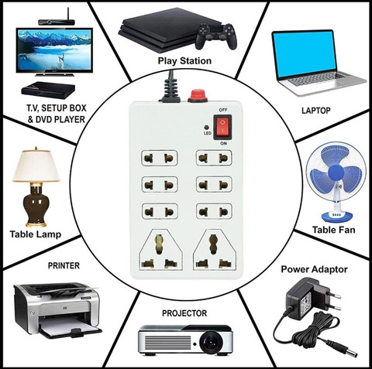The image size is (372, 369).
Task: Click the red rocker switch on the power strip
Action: point(222,127)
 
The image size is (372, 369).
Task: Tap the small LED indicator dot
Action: point(206,127)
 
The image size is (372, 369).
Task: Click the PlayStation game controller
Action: point(216,36)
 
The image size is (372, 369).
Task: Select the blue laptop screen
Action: point(305,54)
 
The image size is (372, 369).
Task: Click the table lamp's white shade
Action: point(36,166)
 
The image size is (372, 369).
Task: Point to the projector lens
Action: point(212,342)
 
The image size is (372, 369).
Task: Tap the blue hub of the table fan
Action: point(336,172)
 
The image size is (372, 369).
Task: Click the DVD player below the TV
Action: point(48,90)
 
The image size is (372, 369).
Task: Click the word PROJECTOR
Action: point(184,313)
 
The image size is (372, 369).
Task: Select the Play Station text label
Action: point(184,61)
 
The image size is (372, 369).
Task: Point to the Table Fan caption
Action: point(333,230)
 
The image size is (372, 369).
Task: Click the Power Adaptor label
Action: point(314,269)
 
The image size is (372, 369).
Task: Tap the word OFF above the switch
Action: point(223,110)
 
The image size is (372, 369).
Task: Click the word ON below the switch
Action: point(224,143)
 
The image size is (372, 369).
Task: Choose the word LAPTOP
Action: point(316,111)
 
